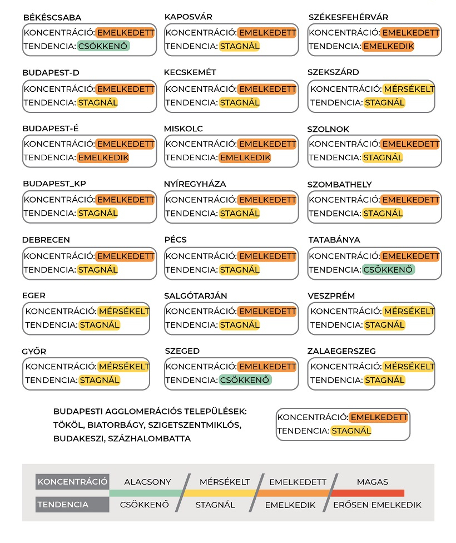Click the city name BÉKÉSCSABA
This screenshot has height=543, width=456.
tap(52, 18)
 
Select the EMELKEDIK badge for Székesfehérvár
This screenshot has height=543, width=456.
tap(388, 47)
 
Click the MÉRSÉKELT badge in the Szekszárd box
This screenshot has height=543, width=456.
tap(409, 89)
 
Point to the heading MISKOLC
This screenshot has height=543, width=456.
tap(184, 129)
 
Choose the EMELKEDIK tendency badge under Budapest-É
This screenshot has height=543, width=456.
tap(103, 158)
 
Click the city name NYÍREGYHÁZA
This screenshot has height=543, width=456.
tap(195, 184)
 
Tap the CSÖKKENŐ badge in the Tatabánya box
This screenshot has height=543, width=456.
tap(388, 270)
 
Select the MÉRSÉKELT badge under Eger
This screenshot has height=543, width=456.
tap(123, 312)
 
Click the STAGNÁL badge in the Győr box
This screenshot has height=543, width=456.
tap(100, 381)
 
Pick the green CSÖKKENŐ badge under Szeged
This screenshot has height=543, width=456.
tap(245, 381)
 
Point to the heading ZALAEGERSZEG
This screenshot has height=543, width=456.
tap(341, 352)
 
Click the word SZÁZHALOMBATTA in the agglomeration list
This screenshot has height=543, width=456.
tap(156, 439)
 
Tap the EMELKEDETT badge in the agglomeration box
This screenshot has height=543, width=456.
tap(379, 417)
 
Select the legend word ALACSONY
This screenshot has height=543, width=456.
tap(147, 482)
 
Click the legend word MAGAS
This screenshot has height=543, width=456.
tap(373, 482)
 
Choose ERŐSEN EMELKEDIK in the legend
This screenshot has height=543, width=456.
tap(377, 505)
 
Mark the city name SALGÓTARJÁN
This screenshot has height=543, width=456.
tap(196, 296)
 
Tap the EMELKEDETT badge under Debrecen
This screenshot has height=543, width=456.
tap(125, 256)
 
